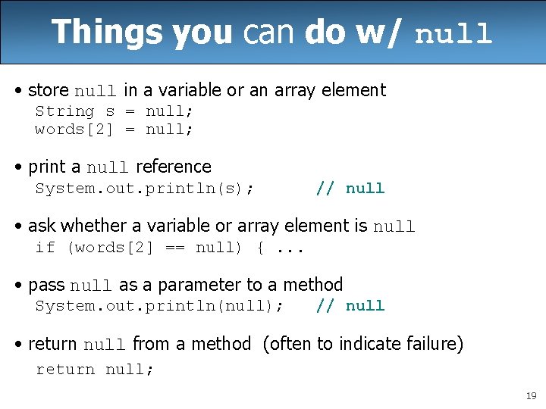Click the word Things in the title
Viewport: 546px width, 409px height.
107,33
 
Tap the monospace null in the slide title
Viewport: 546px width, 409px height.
453,34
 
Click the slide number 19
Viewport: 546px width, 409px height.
530,396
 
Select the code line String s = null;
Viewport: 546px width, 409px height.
114,111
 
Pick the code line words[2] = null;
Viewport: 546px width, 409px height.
114,129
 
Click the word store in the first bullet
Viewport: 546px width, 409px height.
48,90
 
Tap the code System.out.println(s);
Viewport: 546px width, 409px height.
145,188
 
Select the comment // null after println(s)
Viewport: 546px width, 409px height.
350,188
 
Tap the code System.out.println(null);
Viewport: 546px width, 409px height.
160,306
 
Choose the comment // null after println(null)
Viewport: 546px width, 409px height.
350,306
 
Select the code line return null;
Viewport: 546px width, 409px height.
95,370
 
